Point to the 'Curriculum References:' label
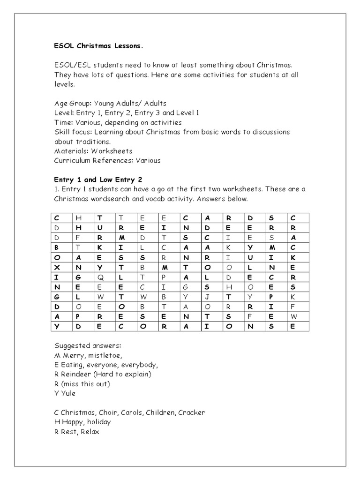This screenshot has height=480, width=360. pos(94,160)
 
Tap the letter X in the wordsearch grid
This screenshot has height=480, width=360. pos(57,267)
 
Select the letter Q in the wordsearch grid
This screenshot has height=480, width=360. pos(99,277)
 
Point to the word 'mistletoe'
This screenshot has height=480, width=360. pos(111,355)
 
